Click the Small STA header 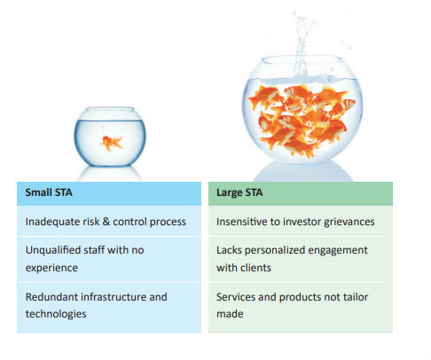pyautogui.click(x=49, y=192)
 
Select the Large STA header pyautogui.click(x=239, y=192)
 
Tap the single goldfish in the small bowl pyautogui.click(x=112, y=143)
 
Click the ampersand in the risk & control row pyautogui.click(x=106, y=222)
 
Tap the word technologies pyautogui.click(x=56, y=314)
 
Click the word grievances pyautogui.click(x=349, y=222)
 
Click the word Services pyautogui.click(x=236, y=297)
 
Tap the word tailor pyautogui.click(x=356, y=297)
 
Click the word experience pyautogui.click(x=51, y=268)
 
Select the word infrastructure pyautogui.click(x=114, y=297)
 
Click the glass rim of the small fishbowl pyautogui.click(x=110, y=110)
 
